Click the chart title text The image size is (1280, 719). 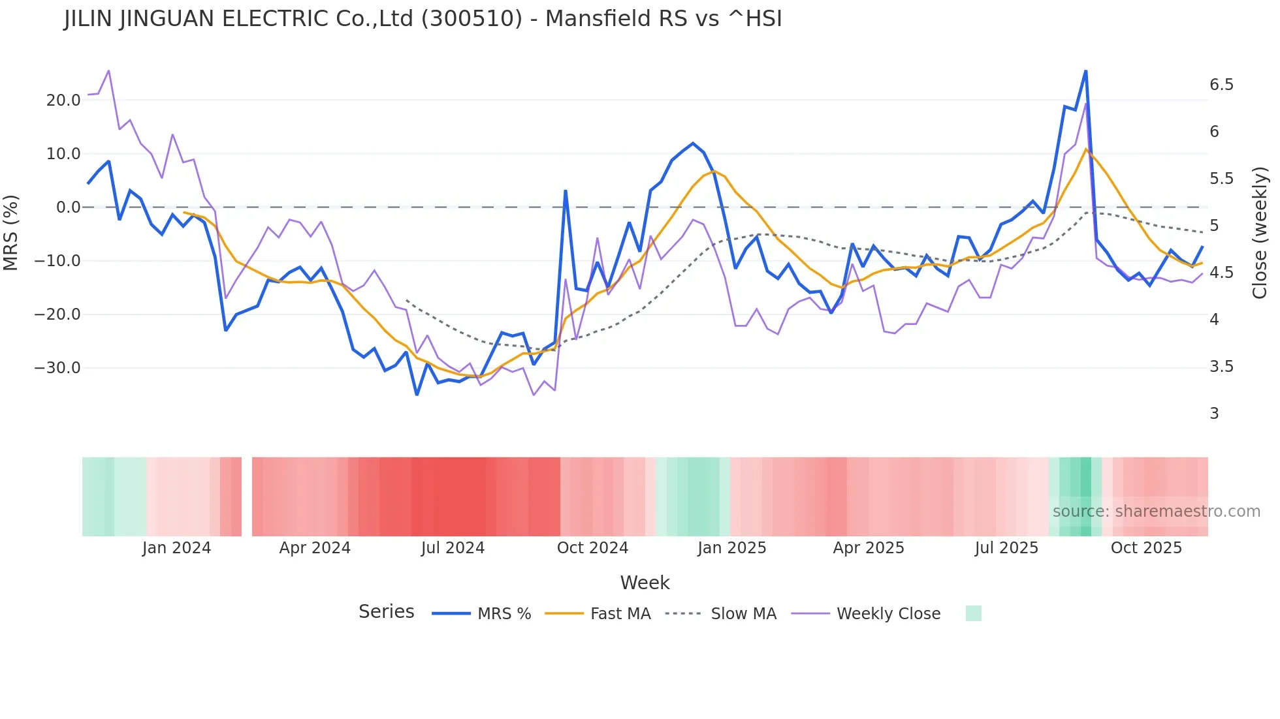[x=423, y=19]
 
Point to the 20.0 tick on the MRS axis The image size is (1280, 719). [x=63, y=100]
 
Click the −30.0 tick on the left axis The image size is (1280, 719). [x=57, y=368]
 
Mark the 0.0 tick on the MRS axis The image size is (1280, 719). [x=69, y=207]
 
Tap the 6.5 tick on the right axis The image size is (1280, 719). [x=1221, y=85]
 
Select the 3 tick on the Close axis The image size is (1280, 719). [x=1214, y=414]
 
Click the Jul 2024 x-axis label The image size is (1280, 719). [x=453, y=548]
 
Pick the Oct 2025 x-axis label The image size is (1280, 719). [x=1146, y=548]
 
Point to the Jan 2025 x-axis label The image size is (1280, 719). [x=731, y=548]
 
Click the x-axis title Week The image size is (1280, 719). [x=645, y=583]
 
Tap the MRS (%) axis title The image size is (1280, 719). [x=11, y=232]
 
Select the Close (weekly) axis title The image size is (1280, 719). [x=1260, y=232]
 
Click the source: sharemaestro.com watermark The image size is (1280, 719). [x=1156, y=512]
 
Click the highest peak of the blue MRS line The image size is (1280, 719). [x=1085, y=71]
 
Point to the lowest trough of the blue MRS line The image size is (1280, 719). [x=417, y=394]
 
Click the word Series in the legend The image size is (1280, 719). [x=386, y=612]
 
